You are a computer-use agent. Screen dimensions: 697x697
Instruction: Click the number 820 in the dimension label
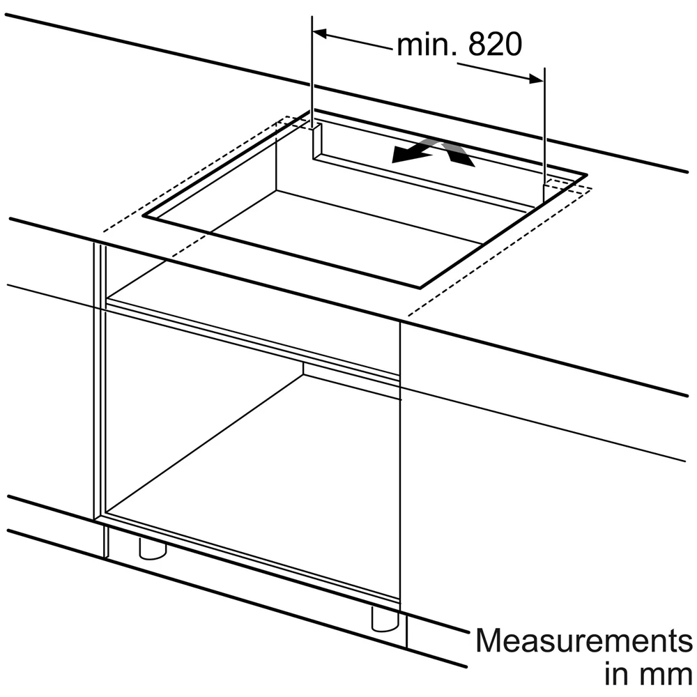click(495, 45)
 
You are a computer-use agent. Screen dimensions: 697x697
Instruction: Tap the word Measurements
click(583, 641)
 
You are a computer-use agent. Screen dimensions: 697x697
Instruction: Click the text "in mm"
click(648, 674)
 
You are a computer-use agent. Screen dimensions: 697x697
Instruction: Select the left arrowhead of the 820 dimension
click(320, 33)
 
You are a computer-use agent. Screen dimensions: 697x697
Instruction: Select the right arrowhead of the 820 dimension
click(536, 79)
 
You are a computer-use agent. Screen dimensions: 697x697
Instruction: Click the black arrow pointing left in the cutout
click(412, 154)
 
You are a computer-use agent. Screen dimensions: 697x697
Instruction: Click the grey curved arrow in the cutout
click(449, 151)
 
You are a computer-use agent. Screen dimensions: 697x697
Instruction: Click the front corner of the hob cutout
click(420, 288)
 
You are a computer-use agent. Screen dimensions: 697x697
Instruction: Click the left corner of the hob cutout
click(144, 216)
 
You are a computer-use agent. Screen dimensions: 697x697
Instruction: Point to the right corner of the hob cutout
click(586, 175)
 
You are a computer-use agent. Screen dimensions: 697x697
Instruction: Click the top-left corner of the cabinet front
click(94, 243)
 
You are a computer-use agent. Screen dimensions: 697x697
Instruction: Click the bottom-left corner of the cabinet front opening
click(105, 514)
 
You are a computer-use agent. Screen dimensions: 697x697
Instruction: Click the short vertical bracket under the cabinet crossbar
click(303, 368)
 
